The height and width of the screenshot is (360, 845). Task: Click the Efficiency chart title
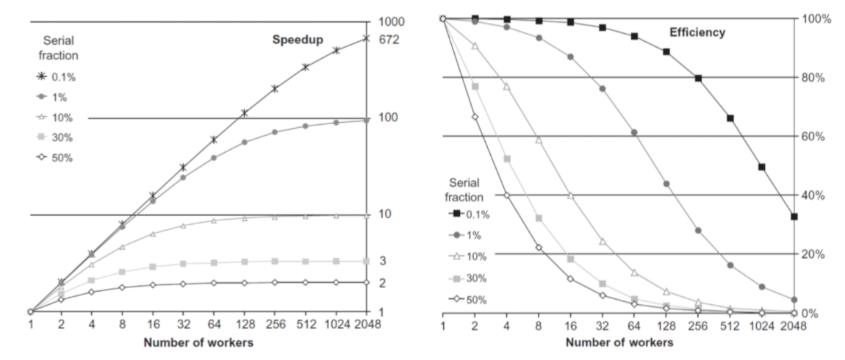click(x=697, y=32)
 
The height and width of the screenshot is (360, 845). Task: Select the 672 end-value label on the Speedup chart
click(x=388, y=39)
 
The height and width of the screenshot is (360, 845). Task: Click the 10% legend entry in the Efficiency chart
click(x=470, y=254)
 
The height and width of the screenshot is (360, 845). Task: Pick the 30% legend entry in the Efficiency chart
click(x=470, y=278)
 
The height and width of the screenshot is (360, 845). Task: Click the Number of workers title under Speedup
click(x=198, y=342)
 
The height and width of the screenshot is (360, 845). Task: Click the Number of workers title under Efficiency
click(x=619, y=342)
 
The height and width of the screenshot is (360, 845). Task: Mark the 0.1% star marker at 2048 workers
click(x=366, y=38)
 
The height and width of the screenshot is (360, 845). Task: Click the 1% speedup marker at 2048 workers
click(x=366, y=120)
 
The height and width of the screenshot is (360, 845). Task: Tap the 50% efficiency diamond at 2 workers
click(x=475, y=117)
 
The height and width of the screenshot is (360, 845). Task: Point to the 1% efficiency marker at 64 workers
click(x=634, y=133)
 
